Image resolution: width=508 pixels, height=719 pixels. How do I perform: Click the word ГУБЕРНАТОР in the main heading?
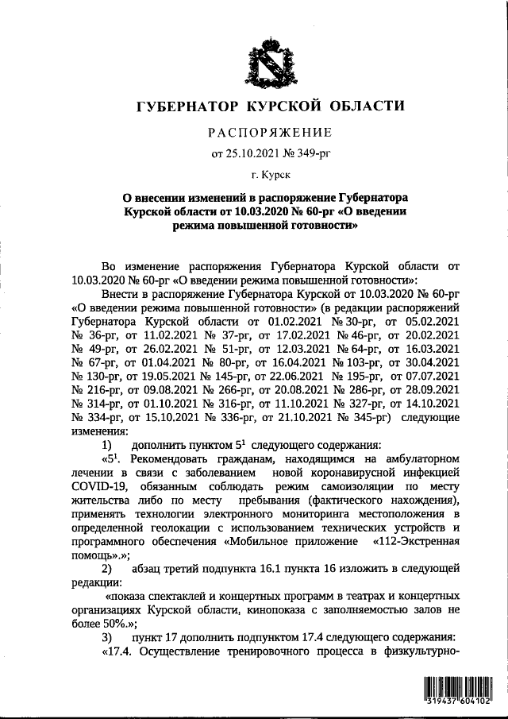184,106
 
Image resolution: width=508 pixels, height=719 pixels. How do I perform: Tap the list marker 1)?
109,446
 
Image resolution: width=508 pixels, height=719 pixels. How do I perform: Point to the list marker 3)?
109,638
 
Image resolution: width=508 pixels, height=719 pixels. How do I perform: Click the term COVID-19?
100,486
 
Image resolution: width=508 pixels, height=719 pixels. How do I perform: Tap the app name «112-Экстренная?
417,543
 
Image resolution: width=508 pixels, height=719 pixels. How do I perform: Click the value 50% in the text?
114,624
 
